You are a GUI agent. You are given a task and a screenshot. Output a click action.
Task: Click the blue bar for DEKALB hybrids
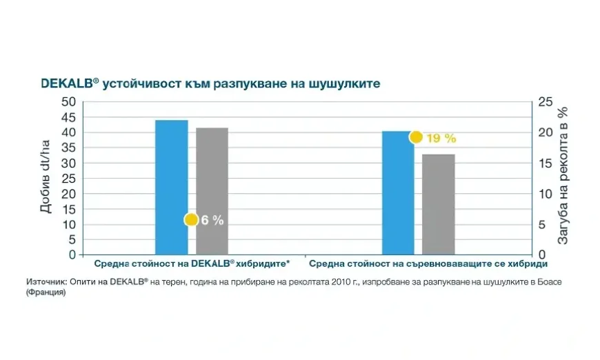click(171, 187)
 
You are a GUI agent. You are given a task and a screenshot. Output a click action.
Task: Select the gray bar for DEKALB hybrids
click(212, 191)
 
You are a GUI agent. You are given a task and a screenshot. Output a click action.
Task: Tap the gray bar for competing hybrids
click(439, 204)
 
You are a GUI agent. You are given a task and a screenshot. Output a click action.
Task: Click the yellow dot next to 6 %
click(191, 220)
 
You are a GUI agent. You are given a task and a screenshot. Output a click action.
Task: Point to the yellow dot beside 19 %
click(416, 137)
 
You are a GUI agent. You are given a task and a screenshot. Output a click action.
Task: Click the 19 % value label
click(441, 138)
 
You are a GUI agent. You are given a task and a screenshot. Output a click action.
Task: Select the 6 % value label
click(212, 221)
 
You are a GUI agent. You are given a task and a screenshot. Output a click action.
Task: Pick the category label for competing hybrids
click(428, 264)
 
